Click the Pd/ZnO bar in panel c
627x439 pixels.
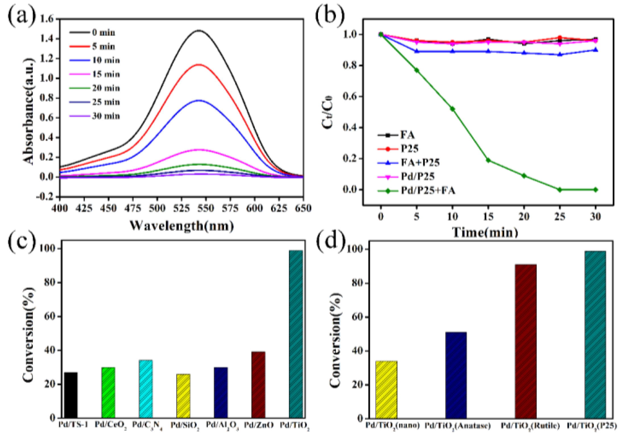258,385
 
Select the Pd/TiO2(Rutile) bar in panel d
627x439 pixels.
525,342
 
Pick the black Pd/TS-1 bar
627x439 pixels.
71,395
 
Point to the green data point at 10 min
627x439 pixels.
452,109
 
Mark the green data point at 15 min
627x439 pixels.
488,160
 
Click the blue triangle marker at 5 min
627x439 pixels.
417,51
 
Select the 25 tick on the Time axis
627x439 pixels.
560,217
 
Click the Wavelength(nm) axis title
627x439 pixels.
182,226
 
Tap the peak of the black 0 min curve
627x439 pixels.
199,30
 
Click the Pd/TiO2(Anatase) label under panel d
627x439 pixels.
457,426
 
